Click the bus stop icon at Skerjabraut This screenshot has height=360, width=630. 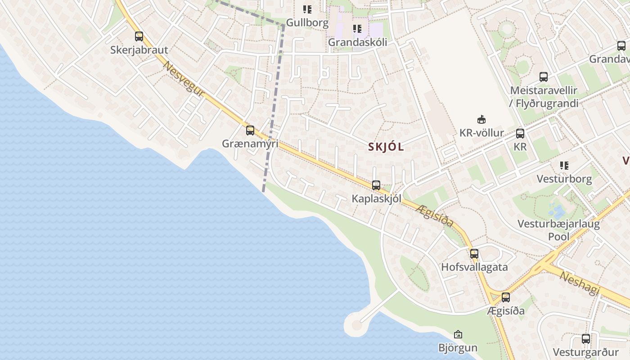[139, 36]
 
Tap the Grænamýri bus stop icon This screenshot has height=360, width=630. [250, 130]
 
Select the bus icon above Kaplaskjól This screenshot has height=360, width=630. [376, 185]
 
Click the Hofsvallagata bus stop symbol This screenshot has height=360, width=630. [474, 253]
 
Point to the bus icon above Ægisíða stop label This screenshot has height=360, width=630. [506, 297]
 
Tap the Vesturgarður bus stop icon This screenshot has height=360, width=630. [585, 339]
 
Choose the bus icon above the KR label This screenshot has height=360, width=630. [520, 133]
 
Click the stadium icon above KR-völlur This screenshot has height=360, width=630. [481, 119]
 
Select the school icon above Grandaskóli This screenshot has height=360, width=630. [357, 29]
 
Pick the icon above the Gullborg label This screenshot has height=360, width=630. [307, 9]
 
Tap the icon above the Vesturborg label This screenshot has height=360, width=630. [564, 166]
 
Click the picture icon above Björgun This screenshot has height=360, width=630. [458, 334]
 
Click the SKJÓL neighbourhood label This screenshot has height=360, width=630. [386, 147]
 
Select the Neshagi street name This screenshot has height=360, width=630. [580, 283]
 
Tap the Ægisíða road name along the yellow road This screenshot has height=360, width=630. [434, 215]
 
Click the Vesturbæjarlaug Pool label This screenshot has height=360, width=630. [558, 230]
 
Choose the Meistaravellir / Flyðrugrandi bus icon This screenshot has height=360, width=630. [544, 76]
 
